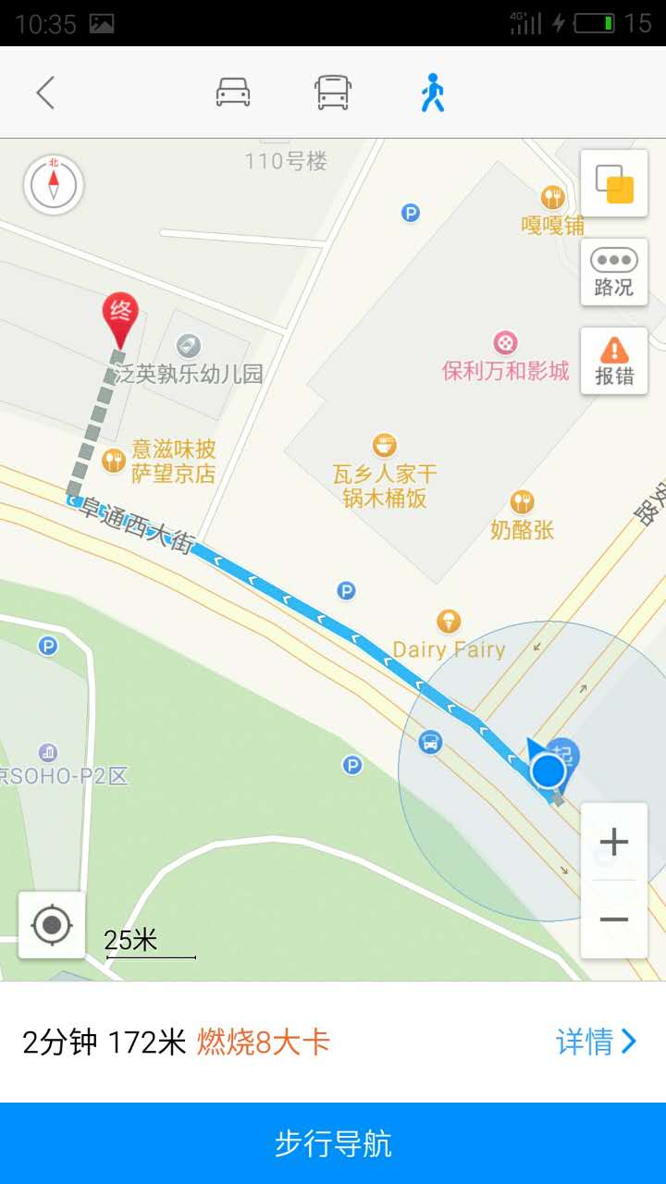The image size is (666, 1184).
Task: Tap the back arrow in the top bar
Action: (x=45, y=92)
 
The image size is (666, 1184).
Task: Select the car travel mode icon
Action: (x=233, y=92)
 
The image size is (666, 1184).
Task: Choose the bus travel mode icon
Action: (x=333, y=92)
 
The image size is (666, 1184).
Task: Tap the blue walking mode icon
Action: (x=432, y=92)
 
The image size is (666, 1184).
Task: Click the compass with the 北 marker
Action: (x=54, y=184)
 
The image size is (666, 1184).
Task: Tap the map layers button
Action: (x=613, y=183)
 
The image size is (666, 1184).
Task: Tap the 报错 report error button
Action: (x=613, y=361)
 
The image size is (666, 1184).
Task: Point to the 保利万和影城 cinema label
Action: (x=505, y=371)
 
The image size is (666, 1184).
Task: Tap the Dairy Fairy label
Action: (x=450, y=649)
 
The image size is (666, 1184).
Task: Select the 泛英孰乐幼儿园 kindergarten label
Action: (x=189, y=374)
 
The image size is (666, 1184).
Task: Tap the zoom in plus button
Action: (x=613, y=842)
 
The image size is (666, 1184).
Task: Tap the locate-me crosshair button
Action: (x=52, y=924)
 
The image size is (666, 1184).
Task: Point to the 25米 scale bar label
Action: (x=131, y=941)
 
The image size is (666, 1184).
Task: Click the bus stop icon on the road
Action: (x=430, y=742)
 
